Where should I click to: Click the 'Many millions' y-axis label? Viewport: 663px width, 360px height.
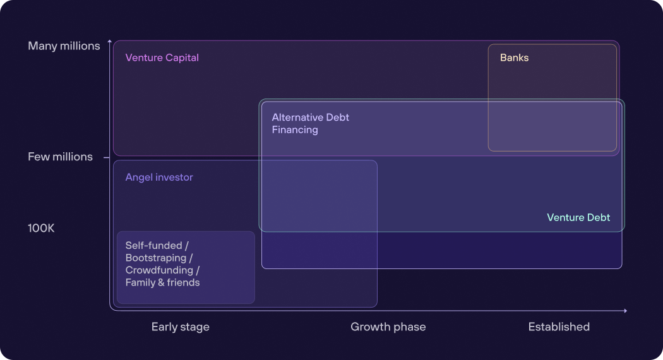[x=64, y=46]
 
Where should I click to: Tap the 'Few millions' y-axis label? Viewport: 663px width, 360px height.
[x=60, y=157]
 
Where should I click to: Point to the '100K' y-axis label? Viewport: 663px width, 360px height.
[x=41, y=228]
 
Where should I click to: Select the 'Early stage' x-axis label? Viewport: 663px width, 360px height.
[x=180, y=327]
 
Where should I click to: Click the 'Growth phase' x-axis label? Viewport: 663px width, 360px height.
[x=388, y=327]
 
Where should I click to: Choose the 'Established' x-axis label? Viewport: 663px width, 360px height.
[x=559, y=327]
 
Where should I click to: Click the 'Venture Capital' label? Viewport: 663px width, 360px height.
[x=162, y=57]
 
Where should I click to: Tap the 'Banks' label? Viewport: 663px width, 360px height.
[x=514, y=57]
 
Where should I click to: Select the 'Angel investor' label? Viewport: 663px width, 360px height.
[x=159, y=177]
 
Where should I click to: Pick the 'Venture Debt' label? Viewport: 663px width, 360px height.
[x=578, y=217]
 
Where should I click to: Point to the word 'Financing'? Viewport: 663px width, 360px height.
[x=295, y=130]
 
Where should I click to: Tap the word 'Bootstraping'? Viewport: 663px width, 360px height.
[x=156, y=258]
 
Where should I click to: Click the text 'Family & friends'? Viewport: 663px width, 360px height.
[x=162, y=282]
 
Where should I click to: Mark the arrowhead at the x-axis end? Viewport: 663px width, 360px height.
[x=625, y=311]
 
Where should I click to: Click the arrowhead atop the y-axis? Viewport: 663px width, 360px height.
[x=110, y=42]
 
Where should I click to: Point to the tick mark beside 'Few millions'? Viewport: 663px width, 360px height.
[x=107, y=157]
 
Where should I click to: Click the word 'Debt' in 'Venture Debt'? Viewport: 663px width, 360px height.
[x=599, y=217]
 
